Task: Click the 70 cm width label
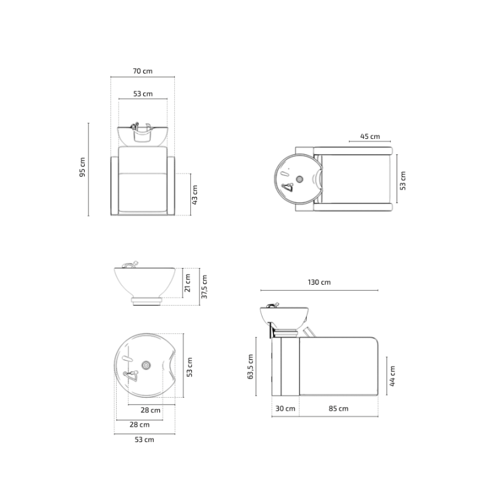143,71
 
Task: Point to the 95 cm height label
82,167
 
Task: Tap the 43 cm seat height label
195,195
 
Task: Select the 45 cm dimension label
370,136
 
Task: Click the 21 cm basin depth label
188,283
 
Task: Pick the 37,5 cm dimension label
204,287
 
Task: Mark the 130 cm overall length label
319,282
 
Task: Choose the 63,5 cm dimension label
251,366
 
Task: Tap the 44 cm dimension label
392,376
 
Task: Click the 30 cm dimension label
285,408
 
